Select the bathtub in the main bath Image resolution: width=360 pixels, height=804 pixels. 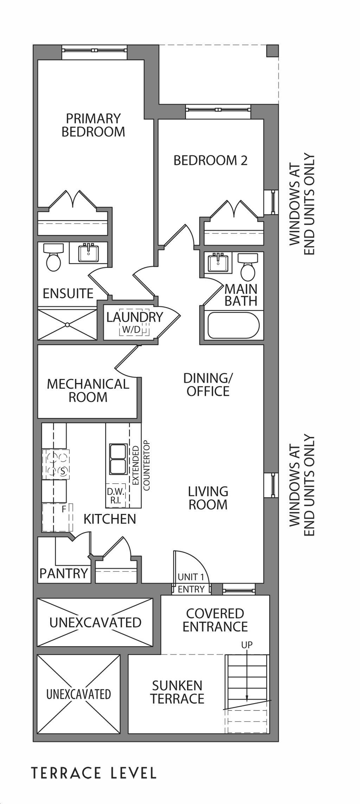tap(233, 326)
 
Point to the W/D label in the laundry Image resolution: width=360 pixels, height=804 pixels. tap(131, 330)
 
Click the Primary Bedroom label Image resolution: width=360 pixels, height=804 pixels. tap(93, 125)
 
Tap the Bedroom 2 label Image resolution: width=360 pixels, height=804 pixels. tap(211, 160)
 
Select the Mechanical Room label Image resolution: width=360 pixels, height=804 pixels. tap(88, 390)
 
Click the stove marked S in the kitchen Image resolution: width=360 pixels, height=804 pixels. tap(56, 464)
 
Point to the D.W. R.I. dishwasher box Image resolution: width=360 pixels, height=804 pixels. tap(116, 496)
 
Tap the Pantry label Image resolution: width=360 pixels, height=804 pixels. tap(64, 573)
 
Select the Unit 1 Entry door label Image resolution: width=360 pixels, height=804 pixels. tap(191, 583)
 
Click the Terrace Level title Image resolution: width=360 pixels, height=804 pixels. tap(94, 773)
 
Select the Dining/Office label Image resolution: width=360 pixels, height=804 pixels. tap(208, 385)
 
